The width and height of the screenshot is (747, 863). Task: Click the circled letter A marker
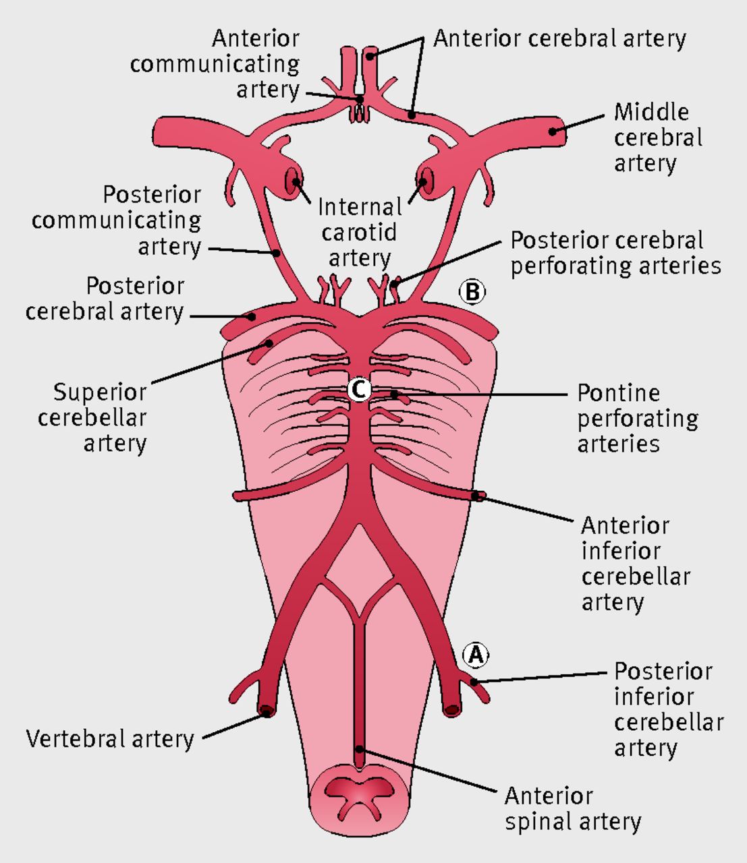pyautogui.click(x=476, y=654)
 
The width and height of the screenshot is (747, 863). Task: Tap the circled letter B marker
pyautogui.click(x=472, y=292)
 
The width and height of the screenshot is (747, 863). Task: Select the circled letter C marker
pyautogui.click(x=359, y=389)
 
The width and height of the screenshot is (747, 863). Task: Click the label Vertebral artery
pyautogui.click(x=110, y=739)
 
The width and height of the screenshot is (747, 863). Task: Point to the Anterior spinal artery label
pyautogui.click(x=572, y=808)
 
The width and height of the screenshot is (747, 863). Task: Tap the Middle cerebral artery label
pyautogui.click(x=657, y=138)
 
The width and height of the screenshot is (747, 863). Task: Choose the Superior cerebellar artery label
pyautogui.click(x=99, y=417)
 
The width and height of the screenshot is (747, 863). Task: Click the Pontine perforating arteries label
pyautogui.click(x=637, y=418)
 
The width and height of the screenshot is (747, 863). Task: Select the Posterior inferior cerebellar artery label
pyautogui.click(x=668, y=709)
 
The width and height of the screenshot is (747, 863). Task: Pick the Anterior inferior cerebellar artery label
pyautogui.click(x=635, y=563)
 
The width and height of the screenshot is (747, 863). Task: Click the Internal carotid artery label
pyautogui.click(x=359, y=233)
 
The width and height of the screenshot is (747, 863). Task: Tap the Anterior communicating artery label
pyautogui.click(x=216, y=64)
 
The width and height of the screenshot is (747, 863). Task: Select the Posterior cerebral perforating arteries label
pyautogui.click(x=615, y=253)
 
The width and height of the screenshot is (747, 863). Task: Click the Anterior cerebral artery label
pyautogui.click(x=559, y=38)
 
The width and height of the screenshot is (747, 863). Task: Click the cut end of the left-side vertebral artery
pyautogui.click(x=266, y=711)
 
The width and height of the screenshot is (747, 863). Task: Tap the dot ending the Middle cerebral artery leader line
pyautogui.click(x=553, y=131)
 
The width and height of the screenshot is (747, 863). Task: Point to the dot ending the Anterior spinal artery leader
pyautogui.click(x=360, y=749)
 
